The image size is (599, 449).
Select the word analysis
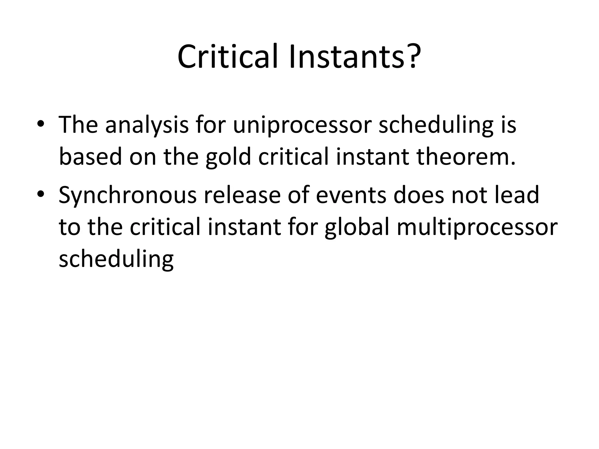click(147, 125)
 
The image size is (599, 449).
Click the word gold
click(228, 157)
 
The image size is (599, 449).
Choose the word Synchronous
click(128, 195)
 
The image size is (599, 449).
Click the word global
click(357, 227)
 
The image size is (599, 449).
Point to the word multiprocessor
click(477, 227)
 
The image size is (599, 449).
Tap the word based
click(90, 157)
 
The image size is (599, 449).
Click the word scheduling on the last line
click(116, 260)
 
